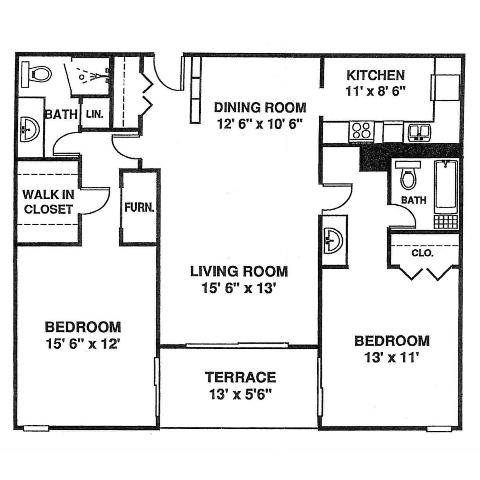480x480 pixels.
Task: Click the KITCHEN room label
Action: (x=376, y=76)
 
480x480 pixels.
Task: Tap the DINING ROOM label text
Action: (x=260, y=108)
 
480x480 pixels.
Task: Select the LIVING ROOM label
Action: (x=239, y=272)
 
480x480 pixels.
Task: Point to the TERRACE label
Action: (x=240, y=377)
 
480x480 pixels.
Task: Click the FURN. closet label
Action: (x=139, y=207)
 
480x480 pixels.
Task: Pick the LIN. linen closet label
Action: (x=95, y=114)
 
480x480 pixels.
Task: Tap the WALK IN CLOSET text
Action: (x=48, y=202)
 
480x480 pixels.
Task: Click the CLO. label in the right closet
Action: (x=422, y=253)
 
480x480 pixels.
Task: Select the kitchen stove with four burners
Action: (x=362, y=131)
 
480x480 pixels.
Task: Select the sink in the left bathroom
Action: (x=30, y=130)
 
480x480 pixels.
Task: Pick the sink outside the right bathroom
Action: (x=333, y=241)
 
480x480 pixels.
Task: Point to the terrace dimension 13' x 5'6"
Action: (x=240, y=394)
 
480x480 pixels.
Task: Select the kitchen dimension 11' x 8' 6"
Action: (x=376, y=92)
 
